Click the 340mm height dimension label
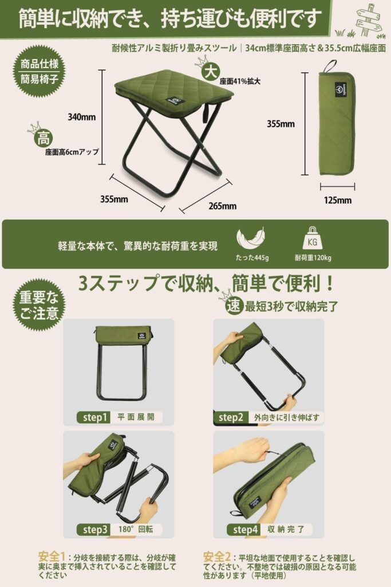pos(81,117)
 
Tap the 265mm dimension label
pos(223,206)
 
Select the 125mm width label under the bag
pos(338,200)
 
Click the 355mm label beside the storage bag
pos(281,124)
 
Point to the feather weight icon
pos(250,238)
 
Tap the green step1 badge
pos(94,417)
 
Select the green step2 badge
pos(230,417)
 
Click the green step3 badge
pos(94,529)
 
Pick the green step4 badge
pos(244,529)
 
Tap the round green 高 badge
pos(43,139)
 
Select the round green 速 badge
pos(234,306)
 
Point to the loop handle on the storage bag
pos(330,68)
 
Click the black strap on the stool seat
pos(205,114)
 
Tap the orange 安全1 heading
pos(51,556)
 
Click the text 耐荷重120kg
pos(313,257)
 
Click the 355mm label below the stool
pos(114,199)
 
